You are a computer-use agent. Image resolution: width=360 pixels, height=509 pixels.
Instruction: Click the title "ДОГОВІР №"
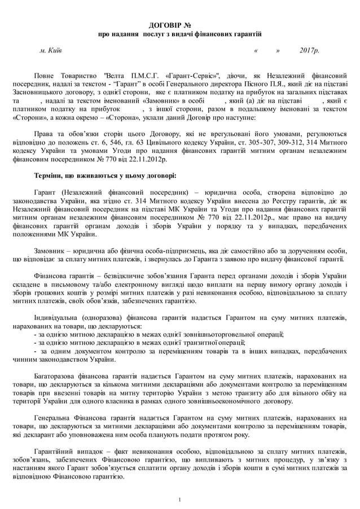[x=179, y=26]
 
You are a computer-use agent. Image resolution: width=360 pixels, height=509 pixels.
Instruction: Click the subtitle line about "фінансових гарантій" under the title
[x=179, y=34]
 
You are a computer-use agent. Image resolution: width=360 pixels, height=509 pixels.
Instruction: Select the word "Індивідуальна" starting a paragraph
[x=58, y=318]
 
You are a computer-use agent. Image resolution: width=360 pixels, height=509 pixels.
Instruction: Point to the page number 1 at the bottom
[x=179, y=499]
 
